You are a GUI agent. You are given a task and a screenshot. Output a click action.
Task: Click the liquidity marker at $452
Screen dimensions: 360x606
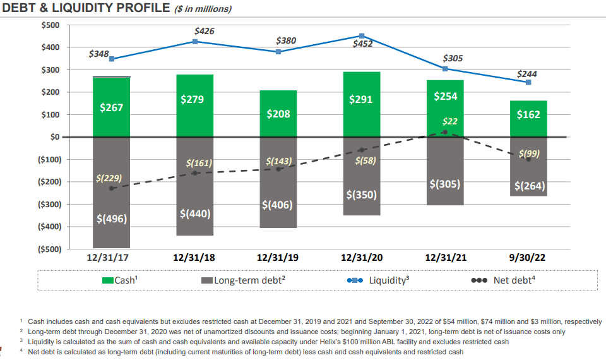pos(362,36)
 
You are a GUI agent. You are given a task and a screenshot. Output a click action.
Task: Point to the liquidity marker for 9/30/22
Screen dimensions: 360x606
pos(528,82)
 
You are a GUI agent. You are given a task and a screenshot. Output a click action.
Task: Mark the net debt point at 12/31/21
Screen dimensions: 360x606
pos(445,132)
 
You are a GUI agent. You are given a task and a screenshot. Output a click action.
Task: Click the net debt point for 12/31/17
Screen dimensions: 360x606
pos(111,188)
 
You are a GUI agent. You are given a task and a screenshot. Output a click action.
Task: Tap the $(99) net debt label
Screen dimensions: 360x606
pos(529,153)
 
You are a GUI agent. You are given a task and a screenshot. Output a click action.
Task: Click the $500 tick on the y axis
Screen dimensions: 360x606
pos(50,25)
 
